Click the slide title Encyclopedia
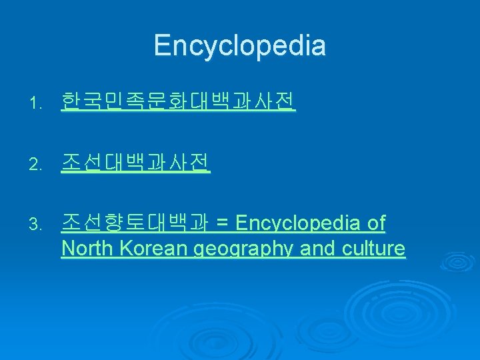click(x=240, y=46)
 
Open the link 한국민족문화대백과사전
click(x=178, y=102)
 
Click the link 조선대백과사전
click(x=135, y=162)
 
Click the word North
click(x=87, y=249)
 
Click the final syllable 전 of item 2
click(x=199, y=162)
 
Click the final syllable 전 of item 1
click(x=285, y=102)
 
